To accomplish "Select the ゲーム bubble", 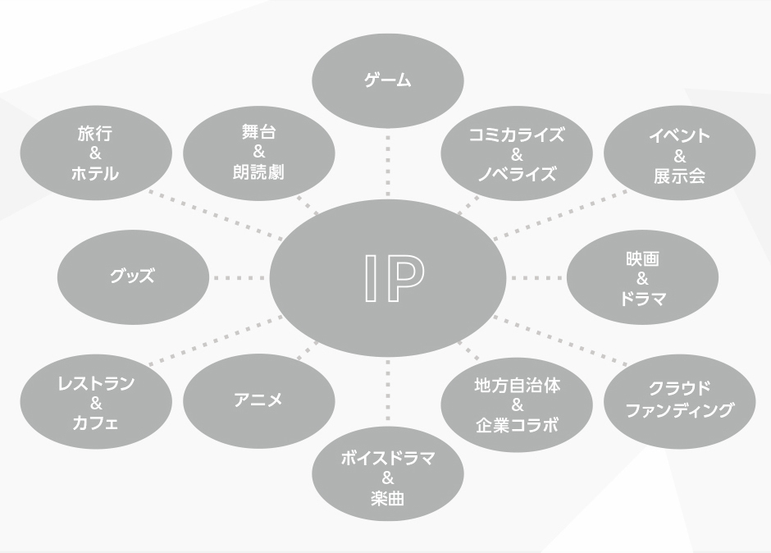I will pyautogui.click(x=388, y=80).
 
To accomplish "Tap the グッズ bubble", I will pyautogui.click(x=132, y=276).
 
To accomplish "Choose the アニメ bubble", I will pyautogui.click(x=258, y=400).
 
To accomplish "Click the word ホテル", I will pyautogui.click(x=96, y=174).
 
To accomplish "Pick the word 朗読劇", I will pyautogui.click(x=258, y=174).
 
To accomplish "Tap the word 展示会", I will pyautogui.click(x=680, y=175).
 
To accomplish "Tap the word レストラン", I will pyautogui.click(x=96, y=382).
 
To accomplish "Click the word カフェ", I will pyautogui.click(x=96, y=423).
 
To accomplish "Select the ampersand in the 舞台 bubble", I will pyautogui.click(x=258, y=154).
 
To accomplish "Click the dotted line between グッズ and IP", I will pyautogui.click(x=240, y=277).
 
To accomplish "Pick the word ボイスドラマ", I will pyautogui.click(x=388, y=459).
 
